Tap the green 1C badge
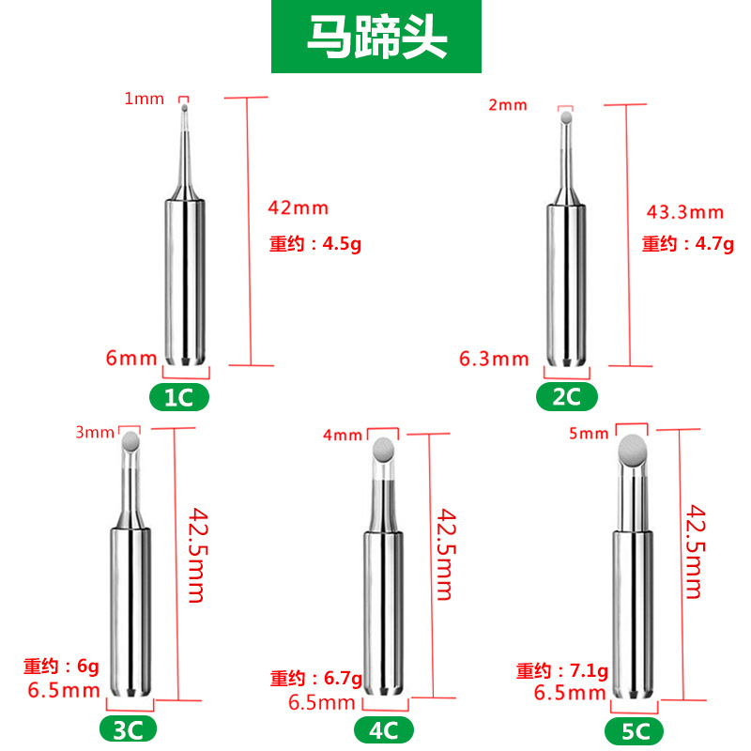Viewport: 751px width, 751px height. tap(179, 397)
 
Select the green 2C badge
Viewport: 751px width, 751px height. tap(566, 397)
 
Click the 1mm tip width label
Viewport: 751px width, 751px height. tap(144, 98)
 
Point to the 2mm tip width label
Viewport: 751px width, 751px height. tap(508, 104)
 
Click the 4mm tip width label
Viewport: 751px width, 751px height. tap(342, 435)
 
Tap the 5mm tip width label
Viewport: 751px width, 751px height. tap(589, 433)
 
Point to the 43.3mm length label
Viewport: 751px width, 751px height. tap(686, 211)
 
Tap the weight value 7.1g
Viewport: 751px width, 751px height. tap(589, 670)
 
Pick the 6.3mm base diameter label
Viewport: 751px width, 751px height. tap(494, 359)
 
